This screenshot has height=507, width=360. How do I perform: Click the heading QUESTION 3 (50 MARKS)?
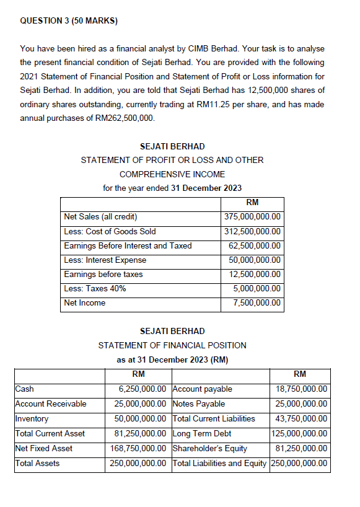tap(69, 20)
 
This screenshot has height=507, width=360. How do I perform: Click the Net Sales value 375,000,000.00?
tap(252, 217)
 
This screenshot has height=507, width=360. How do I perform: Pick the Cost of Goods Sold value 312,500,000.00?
tap(252, 231)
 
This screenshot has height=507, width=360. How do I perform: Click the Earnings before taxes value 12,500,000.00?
tap(255, 274)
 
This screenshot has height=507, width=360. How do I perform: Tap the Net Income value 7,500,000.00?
tap(257, 303)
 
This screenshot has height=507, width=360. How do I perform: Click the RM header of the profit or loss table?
tap(252, 203)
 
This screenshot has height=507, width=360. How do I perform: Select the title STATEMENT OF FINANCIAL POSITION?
tap(172, 345)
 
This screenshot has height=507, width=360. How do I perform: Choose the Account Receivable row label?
tap(51, 404)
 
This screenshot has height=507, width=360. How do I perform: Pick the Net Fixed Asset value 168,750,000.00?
tap(139, 448)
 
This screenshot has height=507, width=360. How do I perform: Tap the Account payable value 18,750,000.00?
tap(302, 389)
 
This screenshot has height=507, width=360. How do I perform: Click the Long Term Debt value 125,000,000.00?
tap(300, 433)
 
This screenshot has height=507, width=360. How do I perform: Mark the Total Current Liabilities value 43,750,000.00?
tap(302, 418)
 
